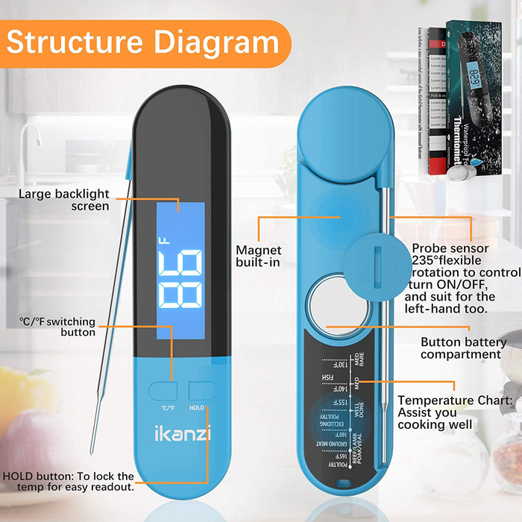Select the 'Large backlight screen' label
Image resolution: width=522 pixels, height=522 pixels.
(x=64, y=200)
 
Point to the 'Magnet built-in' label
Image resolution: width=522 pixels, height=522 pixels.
(x=258, y=257)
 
